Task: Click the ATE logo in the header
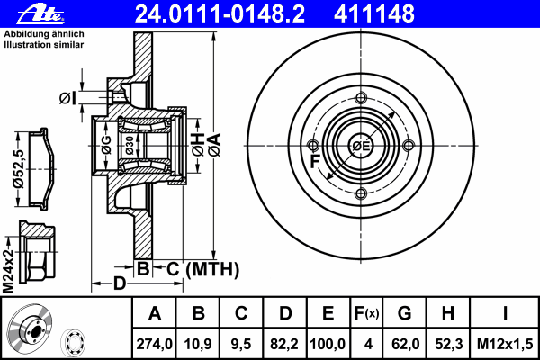40,14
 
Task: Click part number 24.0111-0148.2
220,14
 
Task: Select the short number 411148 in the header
374,14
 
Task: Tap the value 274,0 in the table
154,344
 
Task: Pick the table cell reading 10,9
198,344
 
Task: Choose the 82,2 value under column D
284,344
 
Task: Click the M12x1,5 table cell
505,344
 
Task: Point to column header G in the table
405,313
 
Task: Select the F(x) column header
366,313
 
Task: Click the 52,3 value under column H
449,344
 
